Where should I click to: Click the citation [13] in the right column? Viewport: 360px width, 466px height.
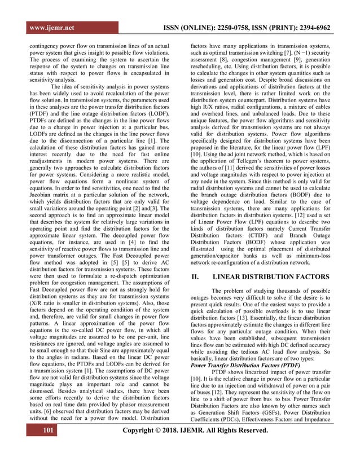coord(254,320)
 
